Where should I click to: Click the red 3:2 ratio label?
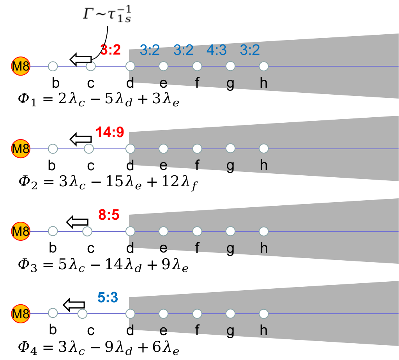111,50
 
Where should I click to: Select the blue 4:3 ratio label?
216,50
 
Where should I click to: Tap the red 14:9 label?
110,132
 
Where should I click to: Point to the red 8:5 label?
109,215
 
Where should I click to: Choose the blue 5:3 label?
108,298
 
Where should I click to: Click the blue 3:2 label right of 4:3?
250,50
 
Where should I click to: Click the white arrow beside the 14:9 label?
81,139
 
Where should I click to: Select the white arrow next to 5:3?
74,305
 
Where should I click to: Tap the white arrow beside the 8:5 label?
78,222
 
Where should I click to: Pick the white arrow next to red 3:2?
81,59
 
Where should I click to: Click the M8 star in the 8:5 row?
21,231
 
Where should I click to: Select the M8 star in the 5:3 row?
21,314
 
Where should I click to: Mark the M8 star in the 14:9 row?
21,149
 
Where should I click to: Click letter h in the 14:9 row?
264,165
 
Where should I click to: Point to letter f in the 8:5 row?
197,248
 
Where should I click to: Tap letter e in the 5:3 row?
164,330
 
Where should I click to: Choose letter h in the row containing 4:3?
264,83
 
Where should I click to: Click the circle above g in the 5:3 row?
230,314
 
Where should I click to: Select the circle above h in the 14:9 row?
264,148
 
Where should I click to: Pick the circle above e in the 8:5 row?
164,231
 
